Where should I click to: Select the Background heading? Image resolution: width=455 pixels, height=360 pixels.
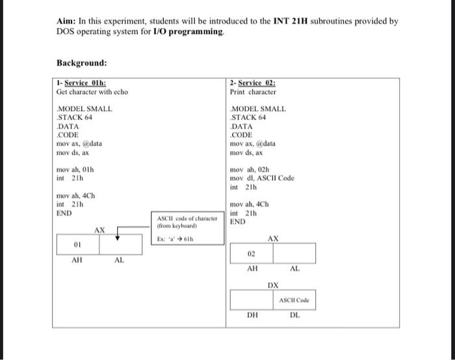pyautogui.click(x=81, y=63)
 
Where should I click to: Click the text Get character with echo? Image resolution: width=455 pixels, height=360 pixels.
pyautogui.click(x=92, y=92)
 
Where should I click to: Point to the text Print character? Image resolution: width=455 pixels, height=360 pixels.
pyautogui.click(x=253, y=92)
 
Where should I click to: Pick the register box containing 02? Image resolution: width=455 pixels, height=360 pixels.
pyautogui.click(x=252, y=253)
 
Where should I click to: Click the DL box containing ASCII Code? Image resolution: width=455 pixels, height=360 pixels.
pyautogui.click(x=294, y=300)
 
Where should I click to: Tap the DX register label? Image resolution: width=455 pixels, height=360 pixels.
pyautogui.click(x=273, y=285)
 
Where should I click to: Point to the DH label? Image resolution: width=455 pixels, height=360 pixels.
pyautogui.click(x=252, y=316)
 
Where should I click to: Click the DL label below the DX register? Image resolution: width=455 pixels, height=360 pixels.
pyautogui.click(x=294, y=316)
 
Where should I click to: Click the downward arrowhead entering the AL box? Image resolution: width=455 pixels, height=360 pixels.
pyautogui.click(x=118, y=238)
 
